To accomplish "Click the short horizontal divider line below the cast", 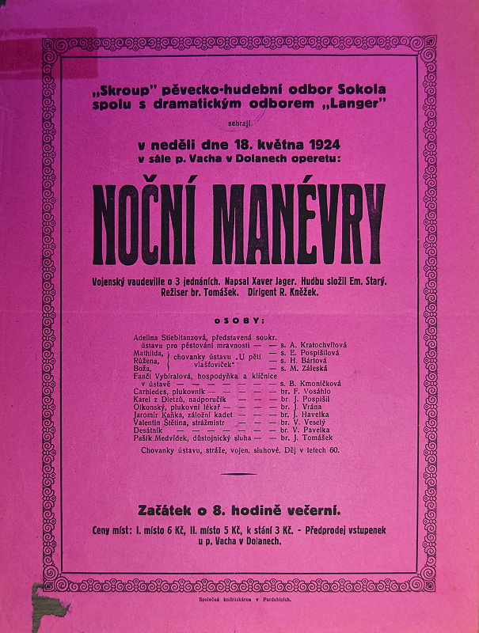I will pos(239,474).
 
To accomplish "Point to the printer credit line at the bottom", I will pos(239,600).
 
